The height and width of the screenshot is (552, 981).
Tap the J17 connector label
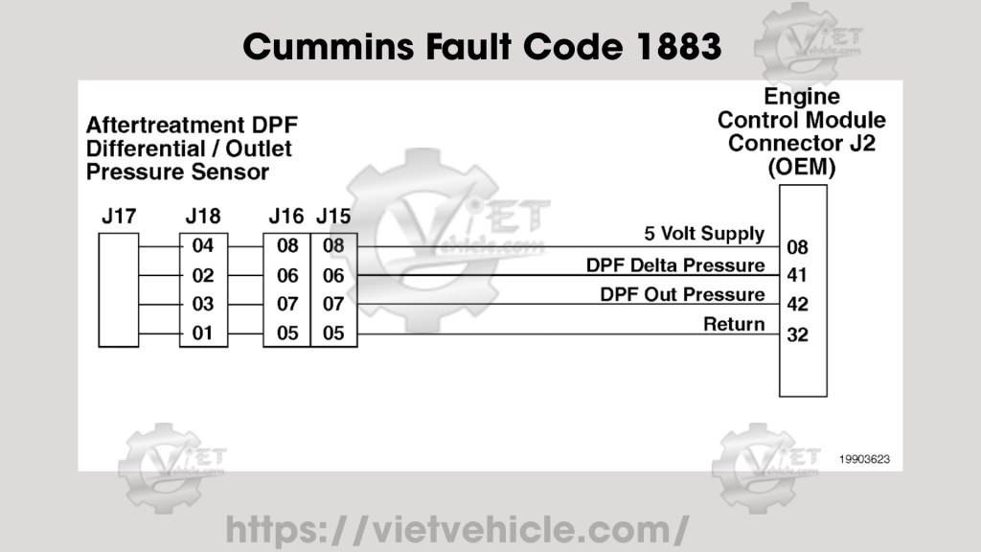coord(118,217)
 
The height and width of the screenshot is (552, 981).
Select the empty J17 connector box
coord(118,289)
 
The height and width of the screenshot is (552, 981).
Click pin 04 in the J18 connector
coord(203,246)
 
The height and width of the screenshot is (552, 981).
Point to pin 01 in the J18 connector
coord(203,334)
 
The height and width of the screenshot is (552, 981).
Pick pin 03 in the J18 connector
coord(203,305)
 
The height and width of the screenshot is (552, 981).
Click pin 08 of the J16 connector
coord(287,246)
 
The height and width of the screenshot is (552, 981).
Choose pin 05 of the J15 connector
coord(333,334)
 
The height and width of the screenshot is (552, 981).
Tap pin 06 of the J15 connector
coord(333,276)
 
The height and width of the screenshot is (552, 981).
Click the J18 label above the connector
coord(202,217)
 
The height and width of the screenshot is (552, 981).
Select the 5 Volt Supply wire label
coord(704,234)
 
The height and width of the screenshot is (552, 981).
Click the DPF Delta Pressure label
coord(675,264)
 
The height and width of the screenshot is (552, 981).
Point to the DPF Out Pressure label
coord(682,294)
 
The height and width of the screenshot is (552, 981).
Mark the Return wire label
coord(734,324)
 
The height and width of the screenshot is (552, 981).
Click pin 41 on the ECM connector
coord(797,276)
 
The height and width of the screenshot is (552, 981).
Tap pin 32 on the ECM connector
coord(797,335)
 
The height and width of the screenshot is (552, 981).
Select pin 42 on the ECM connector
coord(797,305)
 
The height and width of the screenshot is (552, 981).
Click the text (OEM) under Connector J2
coord(802,166)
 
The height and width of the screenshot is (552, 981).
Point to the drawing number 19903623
coord(864,459)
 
